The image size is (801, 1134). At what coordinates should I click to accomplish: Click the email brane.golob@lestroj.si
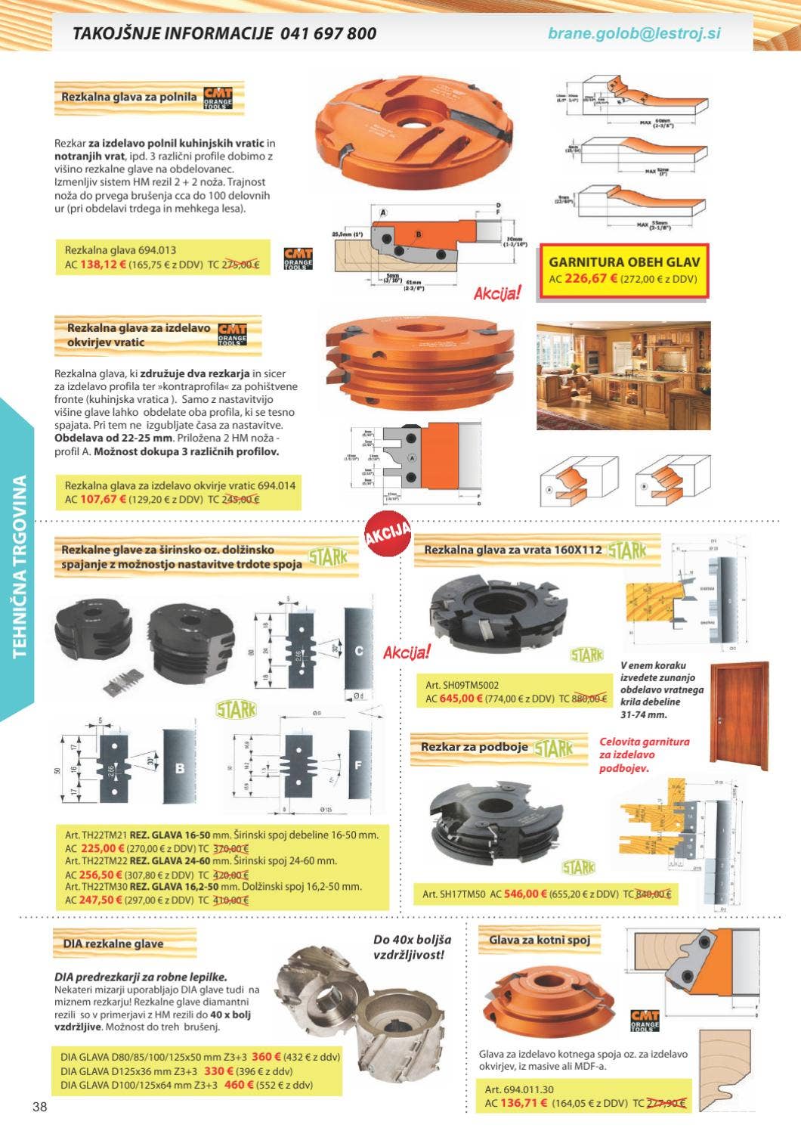pos(634,34)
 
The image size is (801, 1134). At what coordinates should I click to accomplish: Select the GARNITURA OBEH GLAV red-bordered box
pos(624,271)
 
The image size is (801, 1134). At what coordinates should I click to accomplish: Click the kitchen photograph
pos(623,376)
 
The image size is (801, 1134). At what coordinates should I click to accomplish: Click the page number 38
pos(40,1108)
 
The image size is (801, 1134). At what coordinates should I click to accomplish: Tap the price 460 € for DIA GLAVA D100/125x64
pos(240,1085)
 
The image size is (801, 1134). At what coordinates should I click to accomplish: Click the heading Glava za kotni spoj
pos(540,940)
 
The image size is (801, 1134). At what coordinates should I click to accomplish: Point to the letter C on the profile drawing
pos(359,651)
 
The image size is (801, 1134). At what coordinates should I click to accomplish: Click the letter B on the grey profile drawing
pos(180,769)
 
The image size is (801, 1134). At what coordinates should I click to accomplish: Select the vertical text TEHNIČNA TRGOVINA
pos(20,565)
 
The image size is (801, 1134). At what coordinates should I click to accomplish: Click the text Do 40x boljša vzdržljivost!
pos(413,947)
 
